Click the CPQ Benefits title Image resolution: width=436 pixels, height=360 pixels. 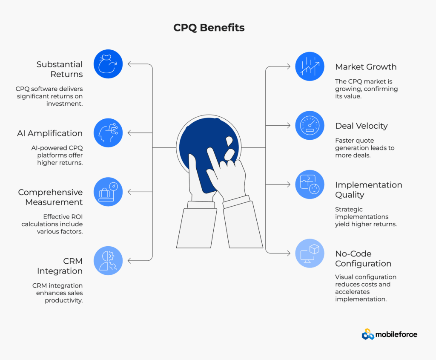coord(209,28)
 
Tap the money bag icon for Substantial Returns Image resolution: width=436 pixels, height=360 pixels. coord(108,64)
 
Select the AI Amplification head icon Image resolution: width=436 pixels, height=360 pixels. coord(108,133)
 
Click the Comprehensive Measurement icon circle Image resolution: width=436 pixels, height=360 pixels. coord(108,192)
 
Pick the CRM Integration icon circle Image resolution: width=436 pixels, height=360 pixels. coord(108,261)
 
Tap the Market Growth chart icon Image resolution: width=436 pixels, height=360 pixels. coord(310,66)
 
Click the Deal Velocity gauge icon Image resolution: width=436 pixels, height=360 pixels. coord(310,126)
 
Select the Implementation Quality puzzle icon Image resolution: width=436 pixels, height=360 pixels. coord(310,184)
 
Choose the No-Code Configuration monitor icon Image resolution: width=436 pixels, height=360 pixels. coord(310,253)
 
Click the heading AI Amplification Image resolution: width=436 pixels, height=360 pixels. coord(50,133)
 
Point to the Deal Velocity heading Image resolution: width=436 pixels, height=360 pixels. coord(361,126)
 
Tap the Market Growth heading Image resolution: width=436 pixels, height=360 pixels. coord(366,67)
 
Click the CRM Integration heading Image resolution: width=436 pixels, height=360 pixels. coord(60,266)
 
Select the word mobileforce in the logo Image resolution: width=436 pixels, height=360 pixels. coord(396,334)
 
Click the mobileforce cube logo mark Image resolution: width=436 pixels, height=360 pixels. coord(368,334)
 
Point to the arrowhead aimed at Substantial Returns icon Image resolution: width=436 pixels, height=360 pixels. coord(129,64)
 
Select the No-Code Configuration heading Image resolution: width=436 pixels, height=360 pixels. coord(363,259)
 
